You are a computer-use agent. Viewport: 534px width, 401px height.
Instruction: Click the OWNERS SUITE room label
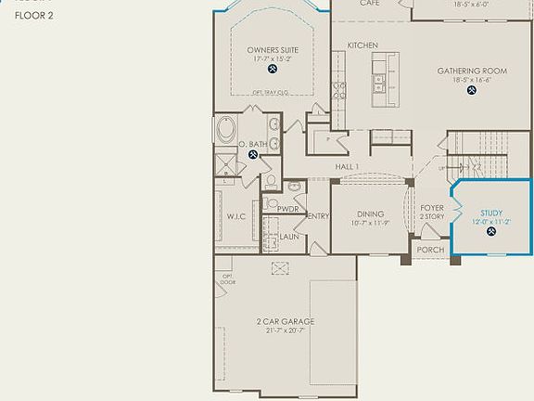272,50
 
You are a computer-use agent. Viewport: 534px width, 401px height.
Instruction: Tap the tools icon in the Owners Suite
272,69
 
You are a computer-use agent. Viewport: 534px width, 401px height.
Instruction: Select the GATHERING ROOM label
472,71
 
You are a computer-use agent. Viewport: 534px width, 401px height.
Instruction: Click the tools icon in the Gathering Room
472,91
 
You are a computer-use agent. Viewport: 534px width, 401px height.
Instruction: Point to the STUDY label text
491,213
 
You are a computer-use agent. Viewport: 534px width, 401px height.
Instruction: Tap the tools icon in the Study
491,233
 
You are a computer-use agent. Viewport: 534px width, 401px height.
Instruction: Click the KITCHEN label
362,45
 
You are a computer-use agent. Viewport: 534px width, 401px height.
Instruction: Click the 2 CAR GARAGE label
286,322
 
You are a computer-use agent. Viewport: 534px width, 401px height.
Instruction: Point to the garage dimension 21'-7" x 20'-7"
286,331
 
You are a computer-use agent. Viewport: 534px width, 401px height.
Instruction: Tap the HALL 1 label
348,166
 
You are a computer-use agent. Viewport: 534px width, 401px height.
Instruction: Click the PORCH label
430,250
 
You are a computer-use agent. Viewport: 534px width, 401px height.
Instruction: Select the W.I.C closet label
235,217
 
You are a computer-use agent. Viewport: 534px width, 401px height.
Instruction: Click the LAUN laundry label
289,237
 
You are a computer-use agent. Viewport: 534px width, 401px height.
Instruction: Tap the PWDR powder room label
287,210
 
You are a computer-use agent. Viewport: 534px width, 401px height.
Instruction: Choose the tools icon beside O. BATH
252,156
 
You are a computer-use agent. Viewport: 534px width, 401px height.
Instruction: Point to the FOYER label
432,209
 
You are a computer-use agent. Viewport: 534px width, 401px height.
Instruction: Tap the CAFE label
370,4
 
